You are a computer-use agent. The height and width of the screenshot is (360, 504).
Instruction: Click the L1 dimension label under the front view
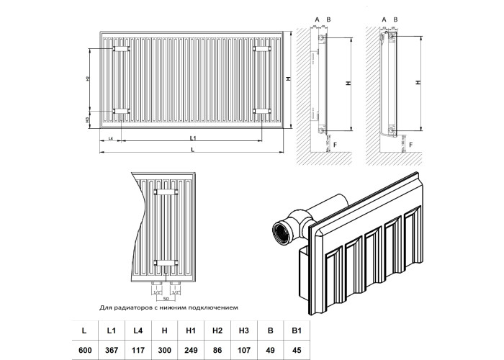(193, 137)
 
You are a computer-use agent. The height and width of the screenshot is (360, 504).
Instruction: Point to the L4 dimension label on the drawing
(110, 137)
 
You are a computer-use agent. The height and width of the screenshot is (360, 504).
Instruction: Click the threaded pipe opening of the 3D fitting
(279, 235)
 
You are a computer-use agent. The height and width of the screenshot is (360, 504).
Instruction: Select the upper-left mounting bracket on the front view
(120, 49)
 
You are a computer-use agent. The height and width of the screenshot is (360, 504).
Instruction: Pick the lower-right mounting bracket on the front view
(263, 111)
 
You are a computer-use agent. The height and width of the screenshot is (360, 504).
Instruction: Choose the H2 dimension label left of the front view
(88, 79)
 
